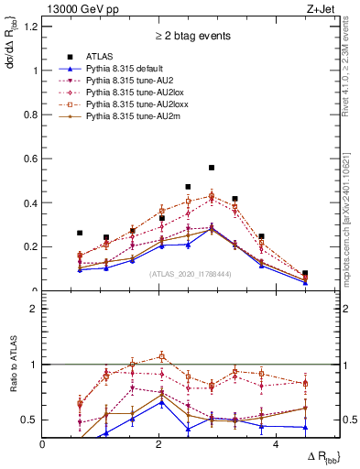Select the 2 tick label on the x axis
point(159,444)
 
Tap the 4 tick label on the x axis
point(276,444)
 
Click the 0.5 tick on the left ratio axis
point(32,420)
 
